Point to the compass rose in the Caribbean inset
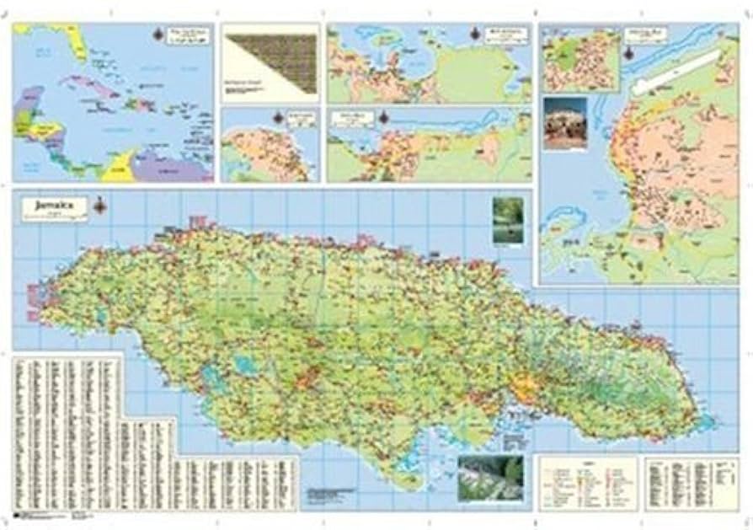click(x=161, y=35)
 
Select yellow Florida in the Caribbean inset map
click(x=77, y=42)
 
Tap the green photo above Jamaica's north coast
click(x=507, y=221)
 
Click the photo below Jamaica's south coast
click(x=489, y=479)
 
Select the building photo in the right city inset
click(x=565, y=123)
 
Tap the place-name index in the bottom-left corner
click(x=67, y=430)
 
